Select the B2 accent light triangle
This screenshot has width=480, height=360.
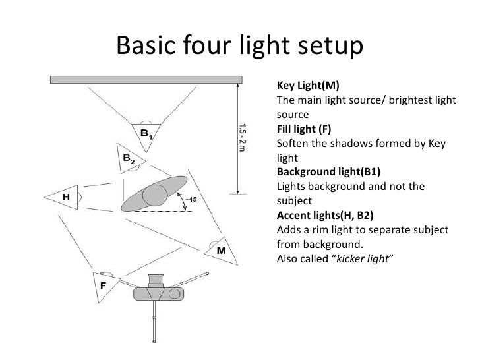pyautogui.click(x=131, y=158)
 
